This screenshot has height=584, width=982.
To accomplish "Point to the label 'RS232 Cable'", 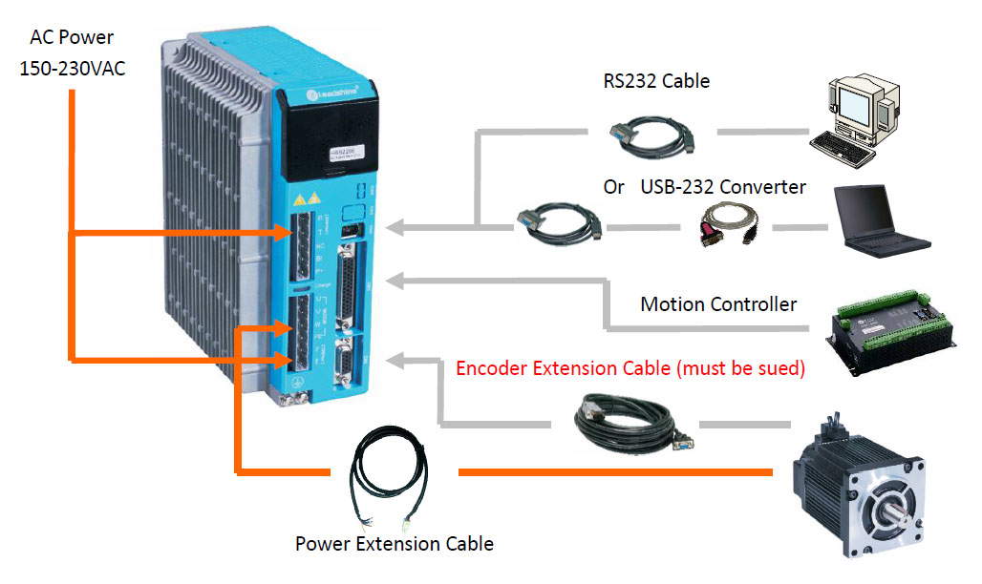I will [656, 81].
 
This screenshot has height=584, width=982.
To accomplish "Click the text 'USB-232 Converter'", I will [724, 186].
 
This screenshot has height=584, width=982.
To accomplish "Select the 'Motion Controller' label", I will [718, 304].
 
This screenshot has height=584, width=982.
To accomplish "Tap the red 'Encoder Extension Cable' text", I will [630, 367].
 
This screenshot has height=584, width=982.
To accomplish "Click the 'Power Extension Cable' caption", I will [394, 544].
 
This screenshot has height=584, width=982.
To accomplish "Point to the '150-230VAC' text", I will [72, 69].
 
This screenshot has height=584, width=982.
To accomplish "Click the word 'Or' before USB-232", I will [613, 186].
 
